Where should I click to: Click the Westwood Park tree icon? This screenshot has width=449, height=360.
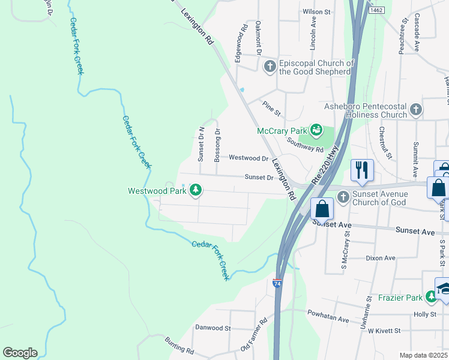195,191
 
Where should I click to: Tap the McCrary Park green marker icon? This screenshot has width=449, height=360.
316,130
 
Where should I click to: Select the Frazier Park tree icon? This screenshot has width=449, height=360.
431,296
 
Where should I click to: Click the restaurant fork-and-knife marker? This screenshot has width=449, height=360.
362,170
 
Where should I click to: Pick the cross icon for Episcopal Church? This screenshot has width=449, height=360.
270,66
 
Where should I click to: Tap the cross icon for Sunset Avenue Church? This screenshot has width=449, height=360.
343,196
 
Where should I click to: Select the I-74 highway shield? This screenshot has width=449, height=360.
277,283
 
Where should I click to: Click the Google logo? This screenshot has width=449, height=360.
20,353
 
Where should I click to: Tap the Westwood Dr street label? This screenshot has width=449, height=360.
249,158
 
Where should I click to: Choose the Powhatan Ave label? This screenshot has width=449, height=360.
328,320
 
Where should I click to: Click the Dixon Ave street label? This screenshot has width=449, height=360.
381,258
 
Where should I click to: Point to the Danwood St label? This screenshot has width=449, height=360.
213,328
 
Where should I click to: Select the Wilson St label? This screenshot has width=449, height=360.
317,11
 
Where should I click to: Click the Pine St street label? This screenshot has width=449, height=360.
272,109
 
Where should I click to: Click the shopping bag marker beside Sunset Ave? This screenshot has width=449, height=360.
322,209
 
